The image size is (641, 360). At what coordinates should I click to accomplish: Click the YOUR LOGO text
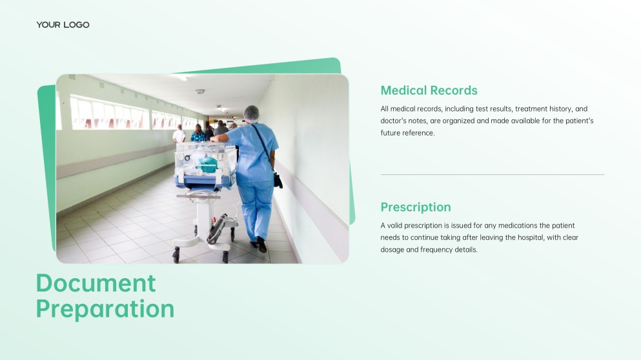pyautogui.click(x=63, y=25)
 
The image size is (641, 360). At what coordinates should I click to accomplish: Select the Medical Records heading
pyautogui.click(x=429, y=90)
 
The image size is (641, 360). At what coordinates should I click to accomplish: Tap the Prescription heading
pyautogui.click(x=416, y=207)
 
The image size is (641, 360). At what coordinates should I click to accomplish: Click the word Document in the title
pyautogui.click(x=96, y=283)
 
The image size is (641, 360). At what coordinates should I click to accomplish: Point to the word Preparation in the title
pyautogui.click(x=105, y=309)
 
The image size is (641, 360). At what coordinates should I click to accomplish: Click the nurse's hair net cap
pyautogui.click(x=251, y=113)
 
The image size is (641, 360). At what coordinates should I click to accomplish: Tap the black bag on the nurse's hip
pyautogui.click(x=278, y=180)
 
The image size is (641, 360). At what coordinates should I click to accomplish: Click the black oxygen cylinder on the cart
pyautogui.click(x=217, y=229)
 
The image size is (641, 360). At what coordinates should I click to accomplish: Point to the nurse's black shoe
pyautogui.click(x=261, y=245)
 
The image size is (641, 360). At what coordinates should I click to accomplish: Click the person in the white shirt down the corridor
pyautogui.click(x=179, y=134)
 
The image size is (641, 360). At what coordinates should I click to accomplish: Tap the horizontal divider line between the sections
pyautogui.click(x=492, y=174)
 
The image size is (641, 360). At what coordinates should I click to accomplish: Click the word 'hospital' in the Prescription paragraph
pyautogui.click(x=529, y=237)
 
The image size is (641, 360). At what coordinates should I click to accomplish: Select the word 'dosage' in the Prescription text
pyautogui.click(x=392, y=250)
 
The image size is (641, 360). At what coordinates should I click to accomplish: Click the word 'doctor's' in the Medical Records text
pyautogui.click(x=393, y=121)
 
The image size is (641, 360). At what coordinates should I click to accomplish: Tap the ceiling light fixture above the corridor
pyautogui.click(x=200, y=92)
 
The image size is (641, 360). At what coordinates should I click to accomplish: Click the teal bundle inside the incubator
pyautogui.click(x=208, y=165)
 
